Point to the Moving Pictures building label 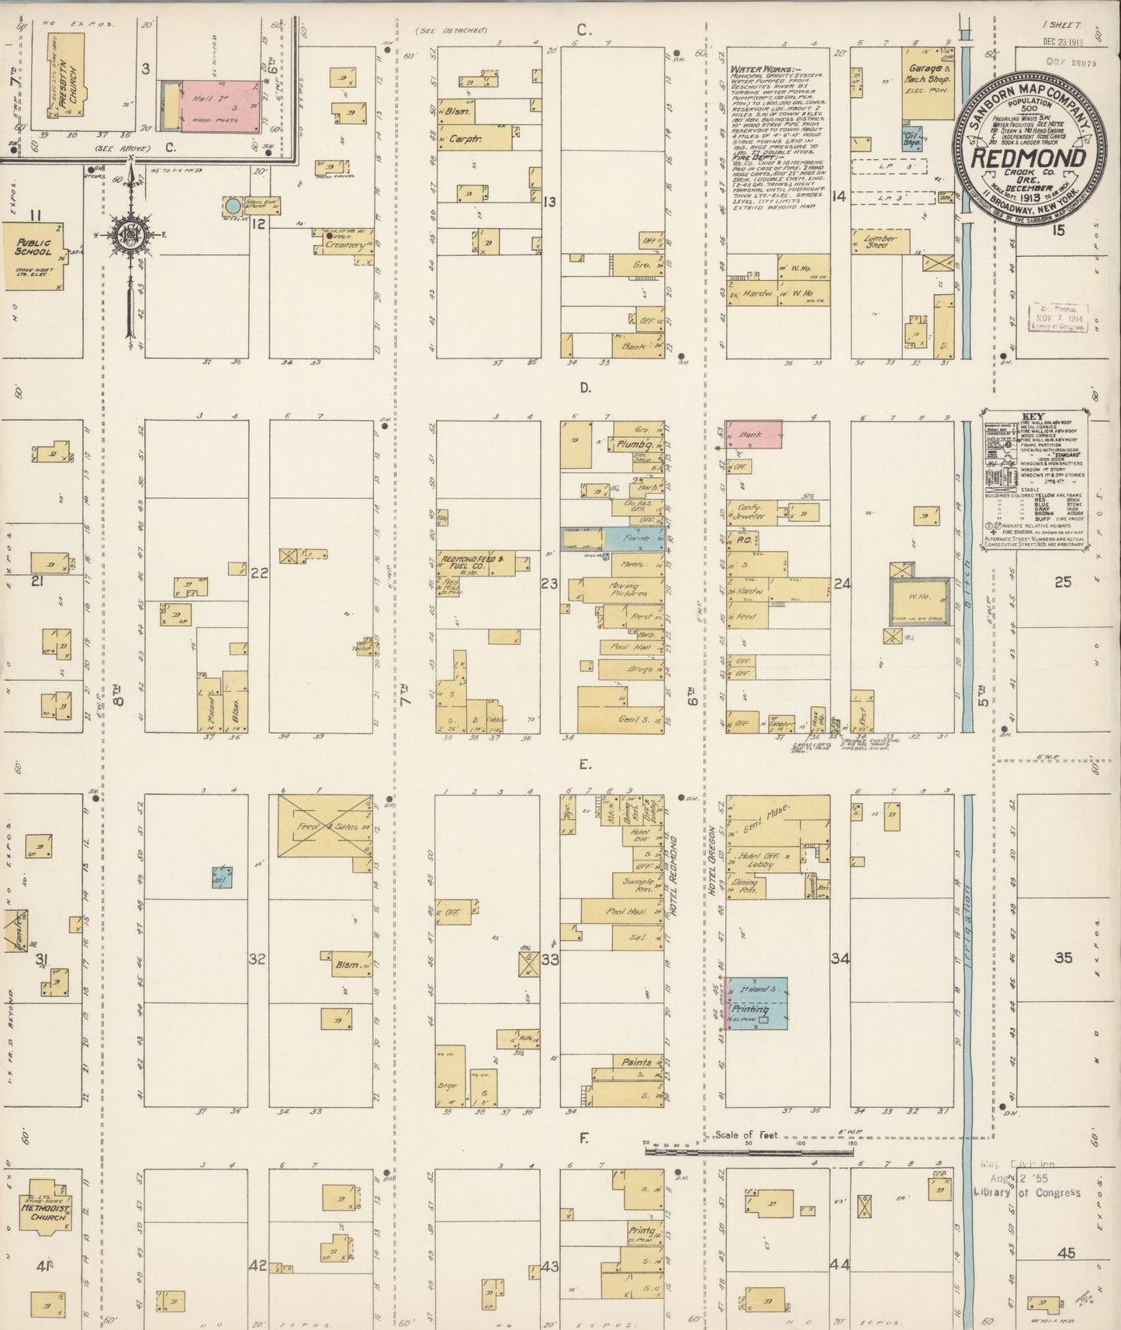pos(628,590)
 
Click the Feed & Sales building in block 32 pos(324,826)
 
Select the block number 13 pos(549,202)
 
